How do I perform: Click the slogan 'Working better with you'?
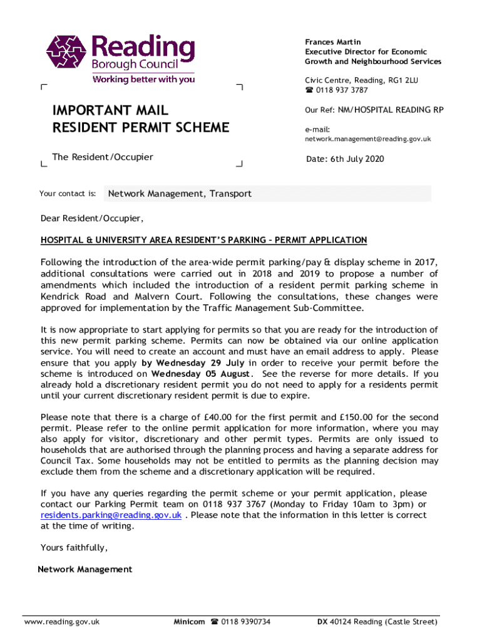143,80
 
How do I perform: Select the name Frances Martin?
332,42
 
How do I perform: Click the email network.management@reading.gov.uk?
367,139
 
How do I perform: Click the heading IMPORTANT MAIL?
110,111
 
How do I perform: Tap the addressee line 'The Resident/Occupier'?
103,157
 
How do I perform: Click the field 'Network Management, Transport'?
180,194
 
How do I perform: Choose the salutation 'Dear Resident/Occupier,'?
92,219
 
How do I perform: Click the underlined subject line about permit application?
203,240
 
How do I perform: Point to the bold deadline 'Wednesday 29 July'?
194,363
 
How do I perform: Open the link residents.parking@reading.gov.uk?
111,515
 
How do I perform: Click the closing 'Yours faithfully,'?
74,547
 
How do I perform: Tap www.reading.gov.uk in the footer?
62,622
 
